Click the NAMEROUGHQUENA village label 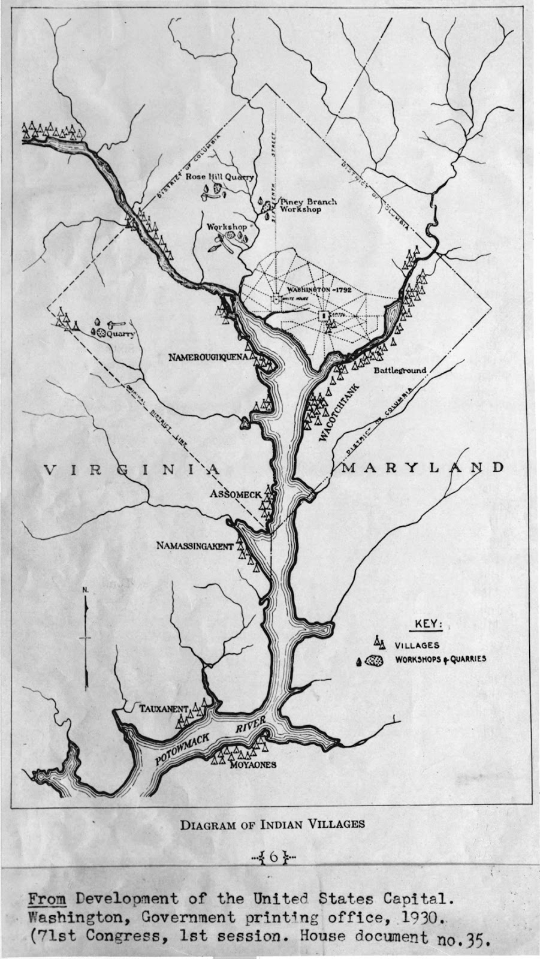(207, 358)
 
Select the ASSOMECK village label (236, 494)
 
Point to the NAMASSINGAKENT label (194, 545)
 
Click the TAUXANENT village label (164, 708)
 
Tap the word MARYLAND (421, 468)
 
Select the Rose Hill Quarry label (219, 177)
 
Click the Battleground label (400, 370)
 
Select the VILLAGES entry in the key (417, 646)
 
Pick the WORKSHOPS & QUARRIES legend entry (440, 659)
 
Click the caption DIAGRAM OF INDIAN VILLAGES (272, 824)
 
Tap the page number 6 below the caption (273, 857)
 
